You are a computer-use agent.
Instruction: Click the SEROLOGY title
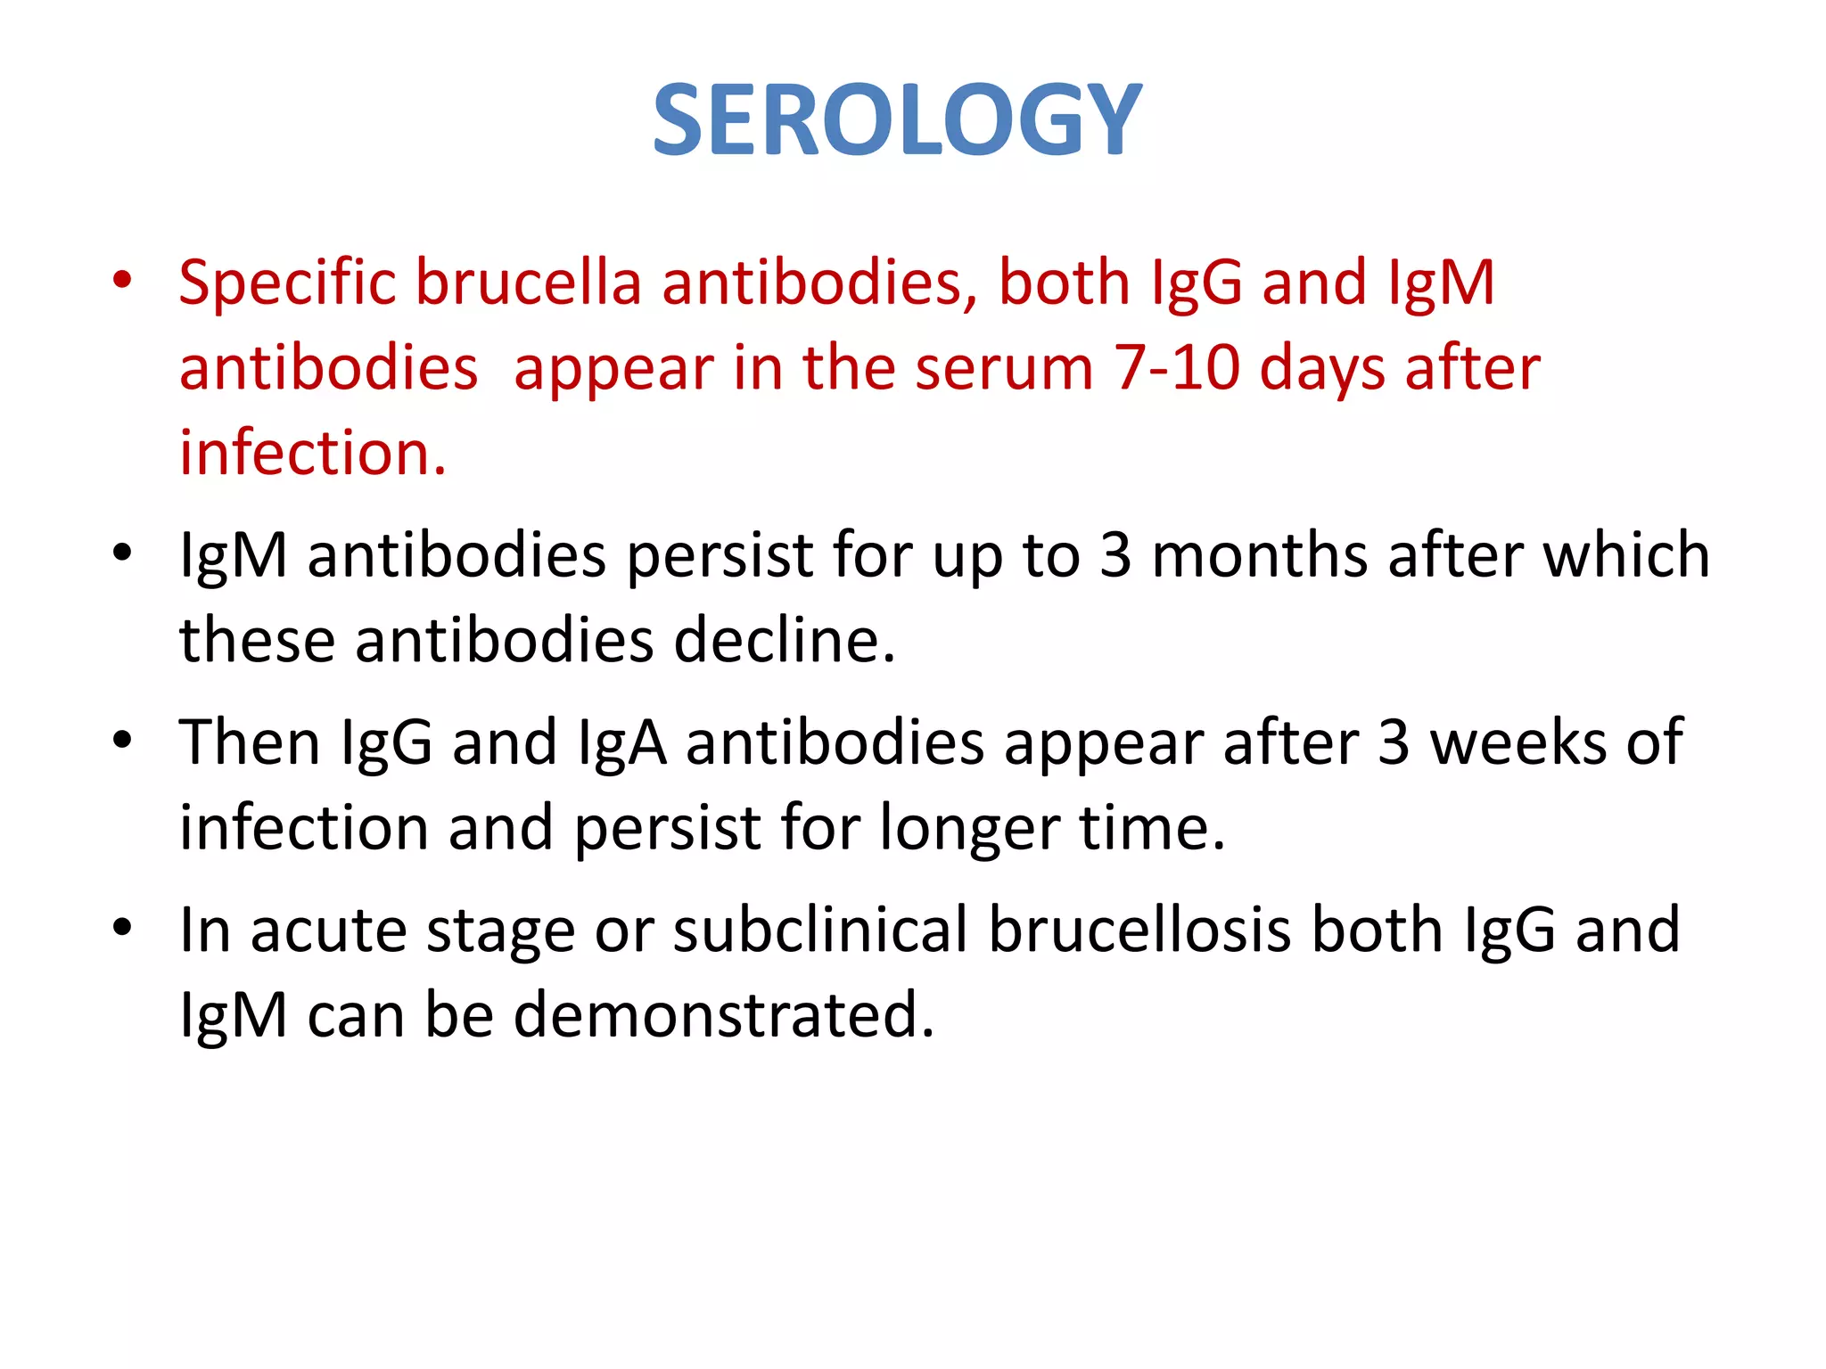click(897, 120)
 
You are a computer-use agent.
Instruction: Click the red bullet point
click(122, 281)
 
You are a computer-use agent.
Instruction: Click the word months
click(1259, 555)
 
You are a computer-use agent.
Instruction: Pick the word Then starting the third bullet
click(250, 742)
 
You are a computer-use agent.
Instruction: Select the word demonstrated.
click(724, 1015)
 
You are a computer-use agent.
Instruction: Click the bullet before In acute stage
click(122, 928)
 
